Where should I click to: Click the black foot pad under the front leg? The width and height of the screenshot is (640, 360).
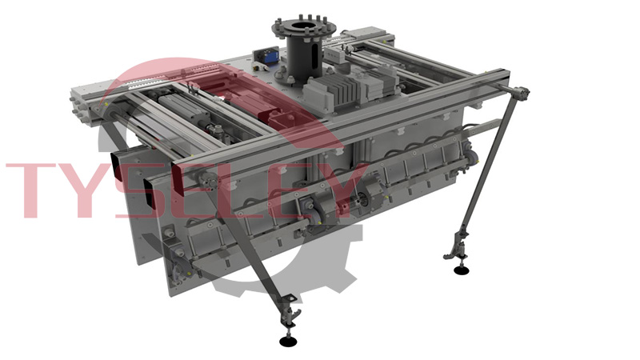tap(289, 342)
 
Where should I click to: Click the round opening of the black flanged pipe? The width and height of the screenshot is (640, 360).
tap(304, 28)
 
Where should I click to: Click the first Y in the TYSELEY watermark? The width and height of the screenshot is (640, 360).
tap(90, 190)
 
